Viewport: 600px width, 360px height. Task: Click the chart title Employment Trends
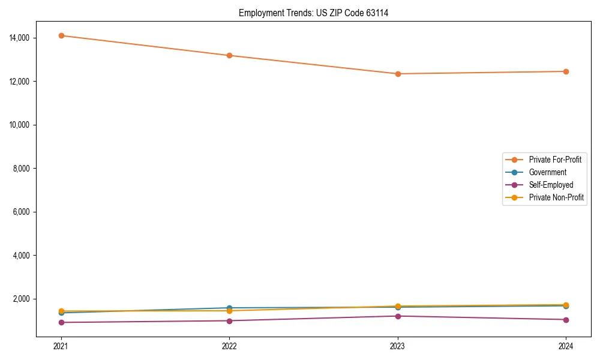click(313, 13)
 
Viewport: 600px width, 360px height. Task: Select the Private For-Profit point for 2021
click(61, 35)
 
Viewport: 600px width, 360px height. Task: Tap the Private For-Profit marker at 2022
click(229, 55)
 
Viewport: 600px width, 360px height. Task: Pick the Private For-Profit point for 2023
click(398, 74)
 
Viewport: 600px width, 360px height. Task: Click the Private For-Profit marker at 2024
click(566, 71)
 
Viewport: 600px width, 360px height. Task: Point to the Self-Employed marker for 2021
click(61, 322)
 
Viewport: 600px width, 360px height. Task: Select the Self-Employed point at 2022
click(229, 320)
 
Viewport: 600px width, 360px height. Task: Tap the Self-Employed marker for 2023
click(398, 316)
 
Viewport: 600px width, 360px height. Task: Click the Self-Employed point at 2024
click(566, 319)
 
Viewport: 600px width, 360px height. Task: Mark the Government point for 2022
click(229, 308)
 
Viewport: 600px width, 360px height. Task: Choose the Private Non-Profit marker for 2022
click(229, 311)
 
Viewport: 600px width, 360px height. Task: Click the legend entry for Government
click(547, 172)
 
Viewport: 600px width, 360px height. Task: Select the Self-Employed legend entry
click(551, 185)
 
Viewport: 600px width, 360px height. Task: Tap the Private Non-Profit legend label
click(556, 197)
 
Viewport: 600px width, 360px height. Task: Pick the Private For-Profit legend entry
click(554, 160)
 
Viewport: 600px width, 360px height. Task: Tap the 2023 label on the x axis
click(398, 346)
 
